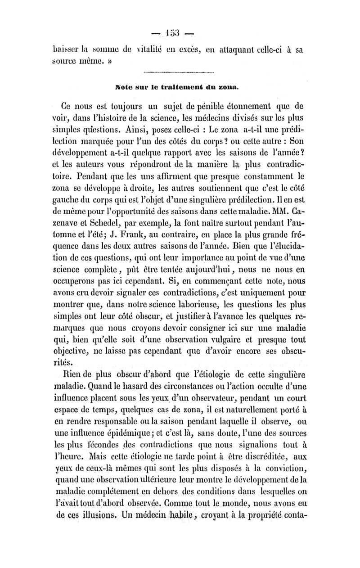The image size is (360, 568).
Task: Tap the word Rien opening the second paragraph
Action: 72,365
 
